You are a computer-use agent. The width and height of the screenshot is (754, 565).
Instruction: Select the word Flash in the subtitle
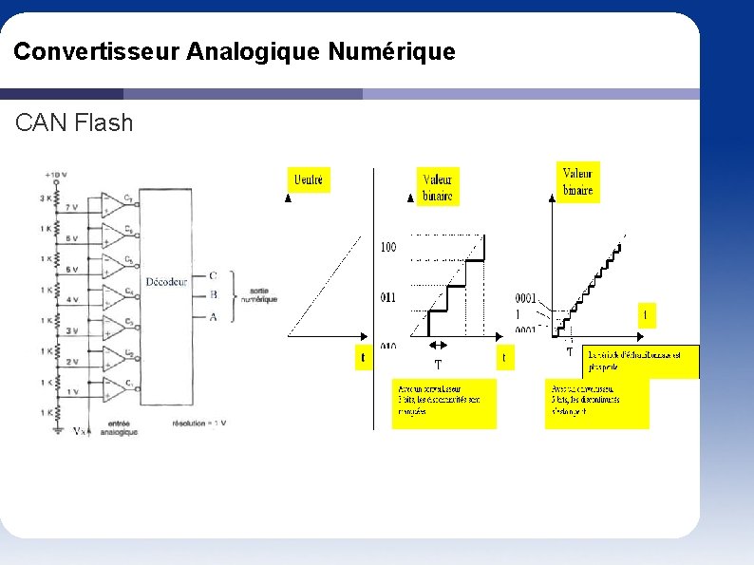(x=103, y=122)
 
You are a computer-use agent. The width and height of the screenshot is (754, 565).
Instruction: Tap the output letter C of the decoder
(x=213, y=275)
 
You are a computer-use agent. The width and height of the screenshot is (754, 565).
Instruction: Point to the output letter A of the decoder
(x=213, y=317)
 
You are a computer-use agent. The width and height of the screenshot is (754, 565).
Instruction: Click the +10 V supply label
(x=56, y=175)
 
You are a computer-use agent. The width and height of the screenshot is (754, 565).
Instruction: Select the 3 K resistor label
(x=46, y=198)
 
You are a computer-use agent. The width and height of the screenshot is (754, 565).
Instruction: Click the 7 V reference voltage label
(x=71, y=207)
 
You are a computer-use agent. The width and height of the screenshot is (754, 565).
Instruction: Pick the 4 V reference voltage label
(x=71, y=299)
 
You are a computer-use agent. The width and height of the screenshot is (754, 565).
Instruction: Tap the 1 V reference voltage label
(x=71, y=391)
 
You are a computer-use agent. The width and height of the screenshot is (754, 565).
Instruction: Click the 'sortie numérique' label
(x=258, y=295)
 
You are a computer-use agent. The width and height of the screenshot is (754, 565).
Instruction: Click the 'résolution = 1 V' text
(x=199, y=423)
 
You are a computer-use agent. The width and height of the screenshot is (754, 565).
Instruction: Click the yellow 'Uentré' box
(x=309, y=179)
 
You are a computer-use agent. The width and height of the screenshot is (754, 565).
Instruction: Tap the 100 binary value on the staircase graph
(x=387, y=248)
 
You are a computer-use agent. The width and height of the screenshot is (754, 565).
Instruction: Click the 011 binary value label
(x=387, y=298)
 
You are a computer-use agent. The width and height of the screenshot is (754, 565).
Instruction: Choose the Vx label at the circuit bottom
(x=81, y=430)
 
